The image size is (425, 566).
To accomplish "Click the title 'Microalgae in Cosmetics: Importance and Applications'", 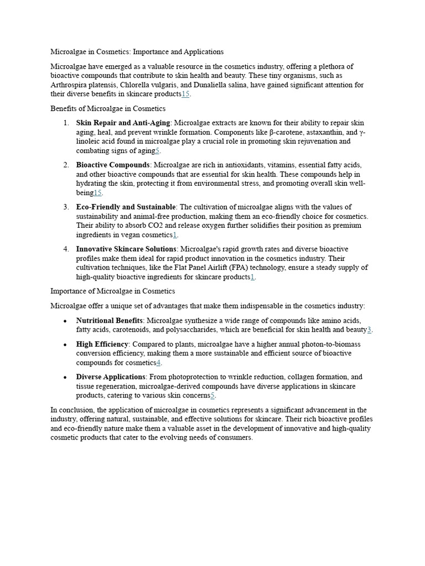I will (x=137, y=52).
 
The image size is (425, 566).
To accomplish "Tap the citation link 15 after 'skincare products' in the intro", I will (x=185, y=95).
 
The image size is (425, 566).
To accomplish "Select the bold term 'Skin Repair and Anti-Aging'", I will (x=123, y=123).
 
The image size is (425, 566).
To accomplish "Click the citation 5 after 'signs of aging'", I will (x=157, y=151).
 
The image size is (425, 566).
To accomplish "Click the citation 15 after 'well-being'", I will (x=97, y=193).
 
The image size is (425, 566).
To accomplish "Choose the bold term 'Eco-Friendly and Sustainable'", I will (x=126, y=207).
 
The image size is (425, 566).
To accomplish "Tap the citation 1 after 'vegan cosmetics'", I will (x=175, y=235).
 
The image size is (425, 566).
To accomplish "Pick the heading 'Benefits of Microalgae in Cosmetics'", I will (x=108, y=108).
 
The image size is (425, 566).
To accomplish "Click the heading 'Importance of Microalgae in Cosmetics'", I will (x=112, y=291).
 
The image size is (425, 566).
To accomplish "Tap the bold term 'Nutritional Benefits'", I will (x=109, y=321).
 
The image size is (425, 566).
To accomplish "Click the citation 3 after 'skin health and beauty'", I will (x=369, y=330).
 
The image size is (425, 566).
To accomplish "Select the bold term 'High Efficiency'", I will (x=102, y=344).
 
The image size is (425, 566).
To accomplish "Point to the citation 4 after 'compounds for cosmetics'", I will (x=158, y=363).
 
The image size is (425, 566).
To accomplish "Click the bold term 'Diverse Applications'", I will (x=111, y=377).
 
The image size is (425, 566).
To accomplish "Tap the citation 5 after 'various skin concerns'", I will (x=212, y=396).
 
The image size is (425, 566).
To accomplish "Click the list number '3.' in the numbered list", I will (x=66, y=207).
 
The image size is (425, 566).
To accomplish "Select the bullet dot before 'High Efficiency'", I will (x=65, y=344).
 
